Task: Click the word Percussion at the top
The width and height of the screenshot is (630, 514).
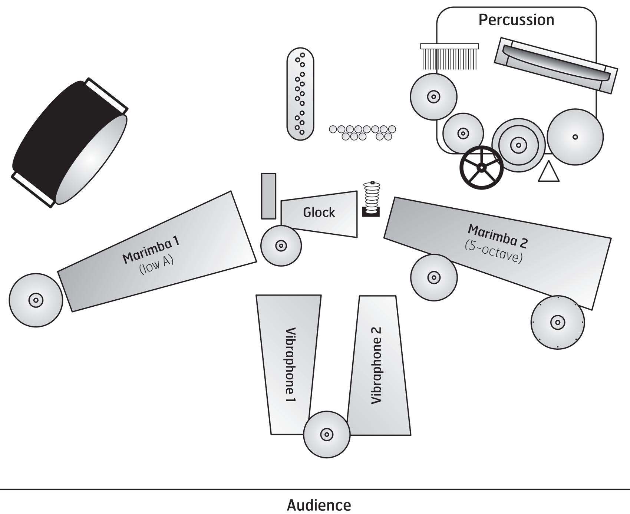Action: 516,20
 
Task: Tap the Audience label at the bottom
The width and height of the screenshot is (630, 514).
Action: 319,505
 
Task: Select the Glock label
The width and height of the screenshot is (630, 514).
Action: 319,212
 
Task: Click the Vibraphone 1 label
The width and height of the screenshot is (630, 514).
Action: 290,365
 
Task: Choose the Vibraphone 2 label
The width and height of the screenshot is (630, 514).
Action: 376,366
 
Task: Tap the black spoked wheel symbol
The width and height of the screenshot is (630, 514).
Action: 481,168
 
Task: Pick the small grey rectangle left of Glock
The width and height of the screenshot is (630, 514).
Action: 268,196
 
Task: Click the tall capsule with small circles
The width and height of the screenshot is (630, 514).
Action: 300,94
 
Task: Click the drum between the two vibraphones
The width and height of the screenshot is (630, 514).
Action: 326,434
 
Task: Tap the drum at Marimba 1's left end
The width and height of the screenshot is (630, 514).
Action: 36,300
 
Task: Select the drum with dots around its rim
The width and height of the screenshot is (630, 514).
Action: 557,322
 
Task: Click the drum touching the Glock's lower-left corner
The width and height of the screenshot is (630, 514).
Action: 281,246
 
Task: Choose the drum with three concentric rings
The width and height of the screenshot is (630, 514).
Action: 518,145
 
